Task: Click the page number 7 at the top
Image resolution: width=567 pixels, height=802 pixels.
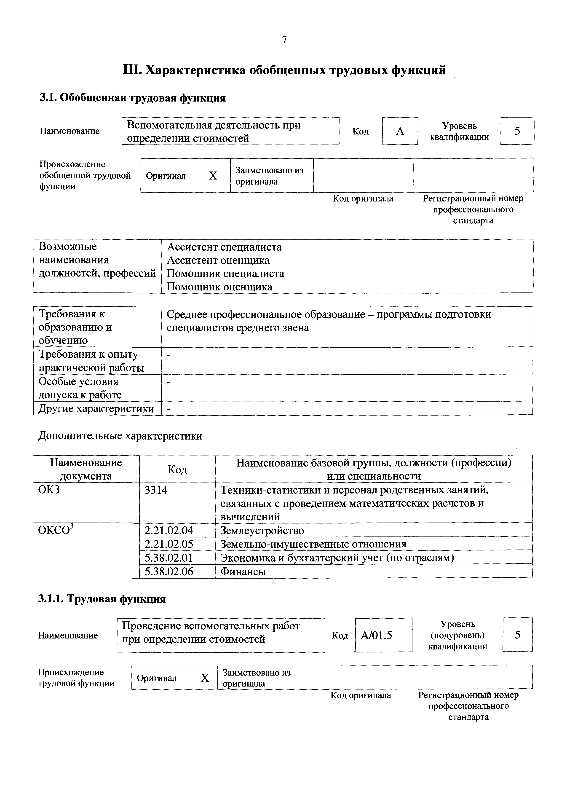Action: [x=284, y=40]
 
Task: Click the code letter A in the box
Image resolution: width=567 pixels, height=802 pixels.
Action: [x=400, y=131]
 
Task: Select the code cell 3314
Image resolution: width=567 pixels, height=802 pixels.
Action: [x=156, y=490]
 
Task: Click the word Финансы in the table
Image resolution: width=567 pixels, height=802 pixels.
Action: [x=243, y=572]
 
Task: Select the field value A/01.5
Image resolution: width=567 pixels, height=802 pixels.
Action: [x=376, y=635]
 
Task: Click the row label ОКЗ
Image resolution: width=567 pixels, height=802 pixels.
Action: [x=49, y=490]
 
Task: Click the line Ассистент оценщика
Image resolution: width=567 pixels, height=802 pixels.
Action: [x=218, y=260]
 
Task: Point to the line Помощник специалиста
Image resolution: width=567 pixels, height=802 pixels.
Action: [x=225, y=274]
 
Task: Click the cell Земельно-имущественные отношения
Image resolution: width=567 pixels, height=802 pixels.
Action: [x=313, y=544]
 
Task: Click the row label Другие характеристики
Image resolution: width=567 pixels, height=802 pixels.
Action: [x=96, y=409]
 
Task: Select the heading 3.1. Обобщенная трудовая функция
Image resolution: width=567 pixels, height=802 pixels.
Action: [x=132, y=98]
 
